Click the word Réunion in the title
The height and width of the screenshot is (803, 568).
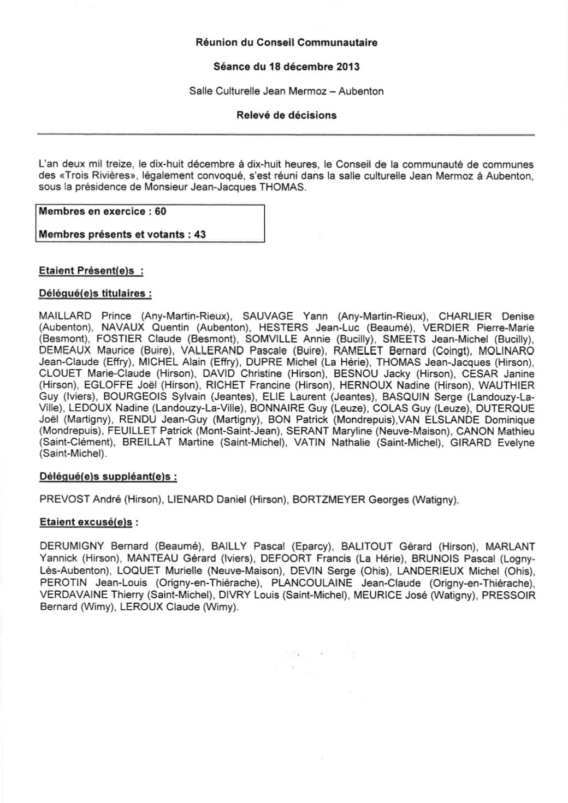tap(214, 42)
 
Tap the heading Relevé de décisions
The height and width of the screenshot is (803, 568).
tap(286, 115)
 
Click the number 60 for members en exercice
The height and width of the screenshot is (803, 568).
tap(160, 211)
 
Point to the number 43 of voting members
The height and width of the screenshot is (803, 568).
tap(200, 235)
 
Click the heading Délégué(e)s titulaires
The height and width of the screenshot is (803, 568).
tap(95, 294)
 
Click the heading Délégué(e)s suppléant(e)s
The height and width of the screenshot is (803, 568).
tap(108, 477)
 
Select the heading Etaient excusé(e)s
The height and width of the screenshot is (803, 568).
tap(86, 522)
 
